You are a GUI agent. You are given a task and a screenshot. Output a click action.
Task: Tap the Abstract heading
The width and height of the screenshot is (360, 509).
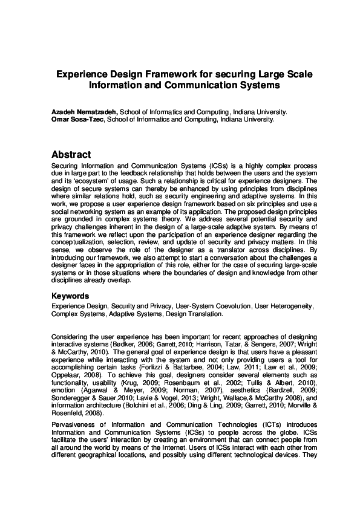[71, 155]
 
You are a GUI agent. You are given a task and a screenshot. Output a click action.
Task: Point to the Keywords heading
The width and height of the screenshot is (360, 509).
[70, 296]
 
